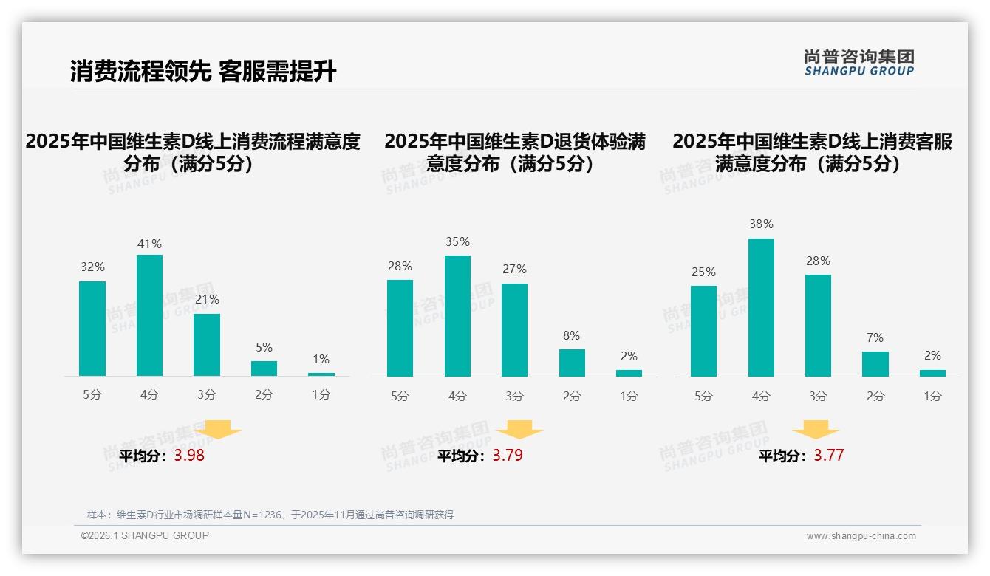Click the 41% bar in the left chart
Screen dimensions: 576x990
coord(149,315)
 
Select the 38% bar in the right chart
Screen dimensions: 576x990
coord(761,307)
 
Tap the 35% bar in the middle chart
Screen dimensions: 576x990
coord(457,316)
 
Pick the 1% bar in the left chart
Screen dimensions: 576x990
coord(321,374)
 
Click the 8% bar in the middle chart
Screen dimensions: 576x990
coord(572,363)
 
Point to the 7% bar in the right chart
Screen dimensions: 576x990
coord(875,364)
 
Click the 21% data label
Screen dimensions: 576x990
coord(207,300)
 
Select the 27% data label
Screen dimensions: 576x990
coord(515,270)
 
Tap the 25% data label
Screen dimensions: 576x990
coord(703,272)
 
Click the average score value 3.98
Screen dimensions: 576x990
coord(189,456)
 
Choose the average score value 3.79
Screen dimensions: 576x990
coord(508,456)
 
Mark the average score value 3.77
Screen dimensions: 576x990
coord(828,456)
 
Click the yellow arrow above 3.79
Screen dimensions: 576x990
coord(519,430)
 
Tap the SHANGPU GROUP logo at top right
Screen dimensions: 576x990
coord(859,63)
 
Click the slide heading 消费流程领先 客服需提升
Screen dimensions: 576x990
coord(203,71)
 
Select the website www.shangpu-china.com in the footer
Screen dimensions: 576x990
coord(861,536)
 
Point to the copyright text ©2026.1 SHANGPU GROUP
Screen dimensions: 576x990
coord(145,535)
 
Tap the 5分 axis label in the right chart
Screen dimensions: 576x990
coord(703,396)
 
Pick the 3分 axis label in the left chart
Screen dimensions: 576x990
coord(207,395)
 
